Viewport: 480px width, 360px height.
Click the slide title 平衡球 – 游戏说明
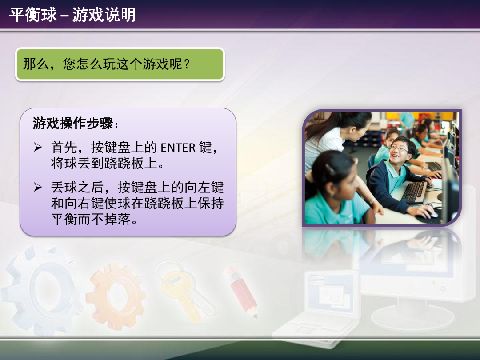(72, 15)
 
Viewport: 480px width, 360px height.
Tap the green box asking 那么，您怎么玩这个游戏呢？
(120, 64)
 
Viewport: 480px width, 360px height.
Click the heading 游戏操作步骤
(73, 124)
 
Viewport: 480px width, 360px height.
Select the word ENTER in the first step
(178, 148)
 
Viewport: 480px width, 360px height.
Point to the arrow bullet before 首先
(38, 147)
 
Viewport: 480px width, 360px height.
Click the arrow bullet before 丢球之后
(38, 187)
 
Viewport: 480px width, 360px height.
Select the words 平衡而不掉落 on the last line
(91, 219)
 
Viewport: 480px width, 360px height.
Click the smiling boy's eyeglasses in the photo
(399, 149)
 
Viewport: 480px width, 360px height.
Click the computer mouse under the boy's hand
(433, 213)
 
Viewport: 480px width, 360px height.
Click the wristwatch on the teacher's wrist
(372, 201)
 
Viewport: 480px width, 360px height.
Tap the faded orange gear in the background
(116, 296)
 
